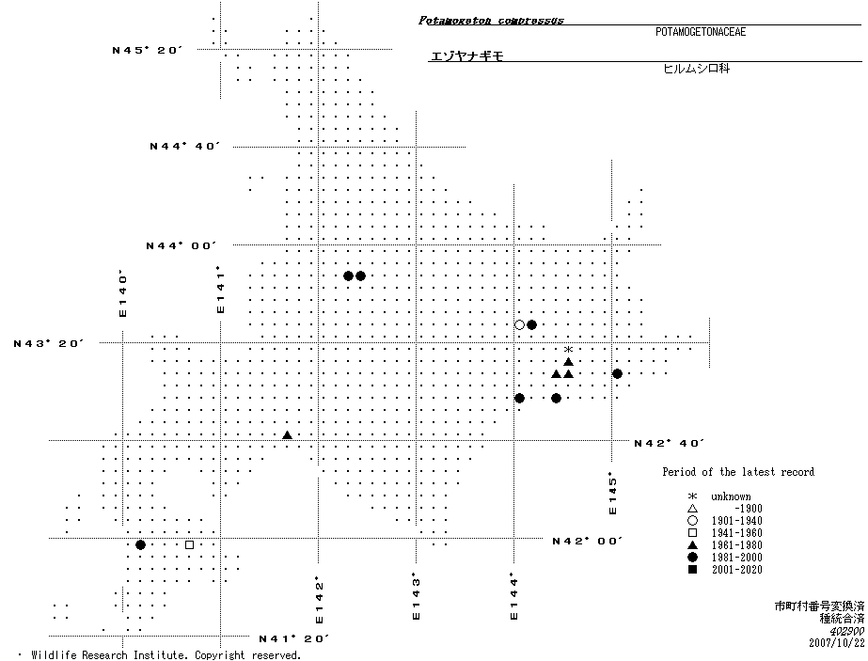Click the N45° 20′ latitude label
tap(147, 50)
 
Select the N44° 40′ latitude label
tap(185, 147)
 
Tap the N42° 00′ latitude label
tap(588, 541)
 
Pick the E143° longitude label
tap(416, 596)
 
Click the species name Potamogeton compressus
tap(491, 20)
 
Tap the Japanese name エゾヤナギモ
tap(466, 56)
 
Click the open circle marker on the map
tap(519, 325)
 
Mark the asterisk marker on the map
tap(568, 350)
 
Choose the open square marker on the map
tap(189, 544)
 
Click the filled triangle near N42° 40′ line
tap(287, 435)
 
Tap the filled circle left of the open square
tap(140, 544)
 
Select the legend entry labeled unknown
tap(731, 496)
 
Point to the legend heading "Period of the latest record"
tap(738, 472)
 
